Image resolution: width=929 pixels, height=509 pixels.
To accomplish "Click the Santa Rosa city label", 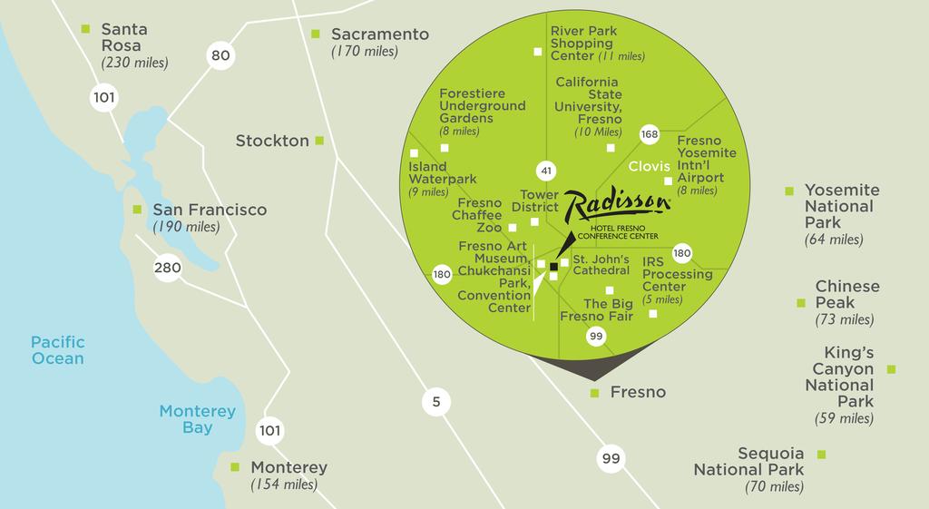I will pyautogui.click(x=124, y=37).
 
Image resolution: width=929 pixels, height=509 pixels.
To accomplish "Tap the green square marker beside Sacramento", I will pyautogui.click(x=316, y=34).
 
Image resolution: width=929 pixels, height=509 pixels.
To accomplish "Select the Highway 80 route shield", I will pyautogui.click(x=220, y=56).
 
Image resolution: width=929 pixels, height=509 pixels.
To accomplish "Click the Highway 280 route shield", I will pyautogui.click(x=168, y=268).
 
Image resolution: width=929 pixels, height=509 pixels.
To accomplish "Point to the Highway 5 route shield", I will pyautogui.click(x=436, y=402).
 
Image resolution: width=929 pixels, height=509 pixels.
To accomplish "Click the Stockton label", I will pyautogui.click(x=272, y=141).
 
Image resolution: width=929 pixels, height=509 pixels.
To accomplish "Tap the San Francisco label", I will pyautogui.click(x=210, y=210).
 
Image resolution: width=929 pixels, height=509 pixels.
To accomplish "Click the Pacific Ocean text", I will pyautogui.click(x=57, y=350).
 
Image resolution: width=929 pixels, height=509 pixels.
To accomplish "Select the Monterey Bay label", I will pyautogui.click(x=198, y=419).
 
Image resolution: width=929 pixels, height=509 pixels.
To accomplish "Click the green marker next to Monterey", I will pyautogui.click(x=236, y=467).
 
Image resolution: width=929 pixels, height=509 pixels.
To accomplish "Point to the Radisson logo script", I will pyautogui.click(x=617, y=205).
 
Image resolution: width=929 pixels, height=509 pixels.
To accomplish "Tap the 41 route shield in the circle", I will pyautogui.click(x=545, y=170).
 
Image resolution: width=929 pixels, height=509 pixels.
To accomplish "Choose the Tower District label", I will pyautogui.click(x=539, y=201).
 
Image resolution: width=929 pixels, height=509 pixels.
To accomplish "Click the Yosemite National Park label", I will pyautogui.click(x=842, y=206).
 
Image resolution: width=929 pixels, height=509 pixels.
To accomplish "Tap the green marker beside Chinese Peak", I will pyautogui.click(x=801, y=303).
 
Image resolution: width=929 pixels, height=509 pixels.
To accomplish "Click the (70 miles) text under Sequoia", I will pyautogui.click(x=774, y=487).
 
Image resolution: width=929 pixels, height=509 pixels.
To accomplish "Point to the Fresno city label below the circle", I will pyautogui.click(x=638, y=392).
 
